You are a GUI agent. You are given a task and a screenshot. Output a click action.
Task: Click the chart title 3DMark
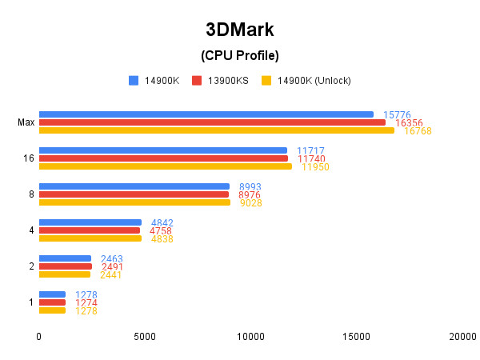tap(240, 30)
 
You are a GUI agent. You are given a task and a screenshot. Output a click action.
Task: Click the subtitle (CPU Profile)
tap(240, 55)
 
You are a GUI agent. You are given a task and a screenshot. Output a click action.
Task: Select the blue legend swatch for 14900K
tap(134, 80)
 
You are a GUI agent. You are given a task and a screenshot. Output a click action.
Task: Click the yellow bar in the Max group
tap(216, 130)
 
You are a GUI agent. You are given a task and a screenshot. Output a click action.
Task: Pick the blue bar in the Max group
tap(206, 114)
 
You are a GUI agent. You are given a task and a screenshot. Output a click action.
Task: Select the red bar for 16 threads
tap(163, 158)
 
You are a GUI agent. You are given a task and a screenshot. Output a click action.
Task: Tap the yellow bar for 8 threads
tap(134, 202)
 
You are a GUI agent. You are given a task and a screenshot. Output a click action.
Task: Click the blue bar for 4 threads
tap(90, 222)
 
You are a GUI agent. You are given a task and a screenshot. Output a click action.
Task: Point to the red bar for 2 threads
tap(65, 266)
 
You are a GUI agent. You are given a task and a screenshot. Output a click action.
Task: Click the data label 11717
tap(310, 150)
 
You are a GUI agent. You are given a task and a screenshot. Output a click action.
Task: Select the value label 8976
tap(250, 194)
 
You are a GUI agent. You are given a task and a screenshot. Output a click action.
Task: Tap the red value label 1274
tap(86, 302)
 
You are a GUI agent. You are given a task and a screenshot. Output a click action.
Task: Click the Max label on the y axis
tap(26, 122)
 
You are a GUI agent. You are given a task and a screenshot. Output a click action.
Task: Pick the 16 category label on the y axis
tap(29, 158)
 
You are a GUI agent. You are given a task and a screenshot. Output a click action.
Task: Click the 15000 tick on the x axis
tap(356, 338)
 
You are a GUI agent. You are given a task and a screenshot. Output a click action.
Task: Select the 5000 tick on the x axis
tap(145, 338)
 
